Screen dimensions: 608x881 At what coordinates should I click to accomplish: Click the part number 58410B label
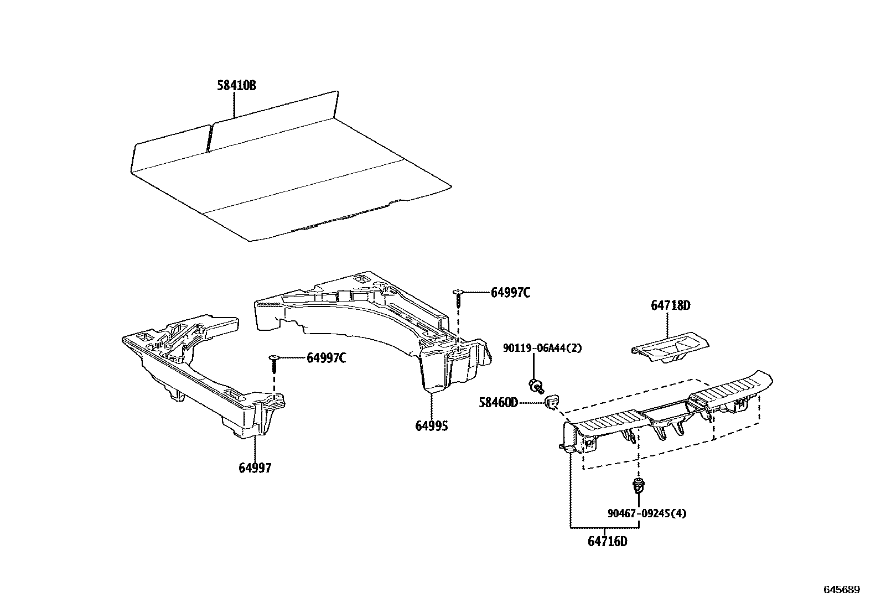pos(236,86)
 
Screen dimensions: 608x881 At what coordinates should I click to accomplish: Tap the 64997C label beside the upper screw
pos(510,293)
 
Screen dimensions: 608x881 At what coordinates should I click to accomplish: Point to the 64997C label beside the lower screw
pos(327,358)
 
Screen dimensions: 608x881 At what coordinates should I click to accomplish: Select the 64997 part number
pos(255,467)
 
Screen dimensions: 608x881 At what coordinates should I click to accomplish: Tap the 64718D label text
pos(671,305)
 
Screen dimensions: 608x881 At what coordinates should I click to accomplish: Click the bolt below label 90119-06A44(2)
pos(535,385)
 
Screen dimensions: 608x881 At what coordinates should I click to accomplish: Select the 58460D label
pos(498,402)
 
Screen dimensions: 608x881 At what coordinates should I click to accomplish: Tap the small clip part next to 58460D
pos(552,403)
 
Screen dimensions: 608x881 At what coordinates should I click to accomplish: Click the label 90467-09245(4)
pos(646,513)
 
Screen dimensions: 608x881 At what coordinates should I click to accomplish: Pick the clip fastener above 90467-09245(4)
pos(639,487)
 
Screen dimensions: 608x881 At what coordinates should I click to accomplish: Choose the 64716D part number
pos(607,541)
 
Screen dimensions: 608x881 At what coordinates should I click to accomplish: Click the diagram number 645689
pos(842,590)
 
